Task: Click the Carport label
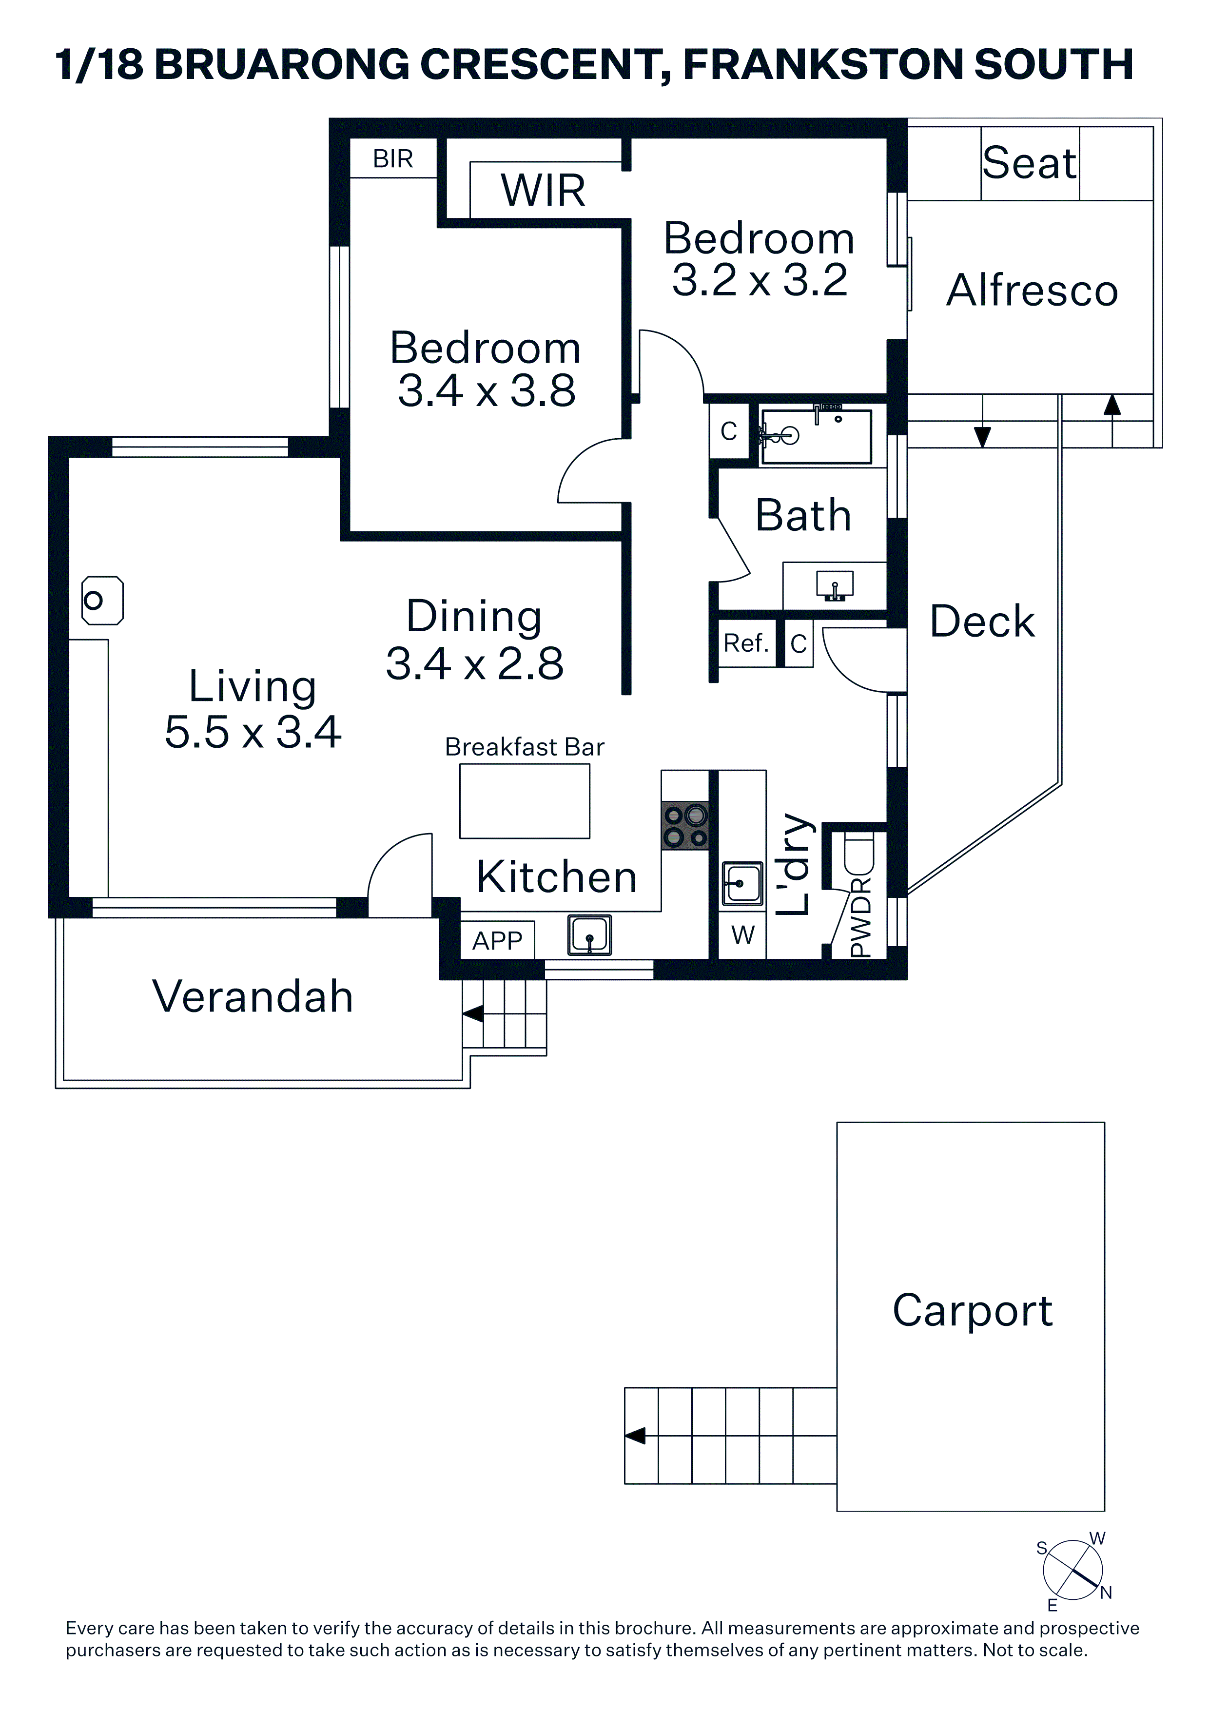[972, 1312]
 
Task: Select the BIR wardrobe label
[392, 158]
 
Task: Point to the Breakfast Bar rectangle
[525, 801]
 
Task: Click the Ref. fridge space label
[746, 643]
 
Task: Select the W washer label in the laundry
[742, 934]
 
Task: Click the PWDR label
[860, 917]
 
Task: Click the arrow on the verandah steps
[473, 1013]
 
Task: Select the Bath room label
[803, 515]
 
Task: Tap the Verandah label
[253, 996]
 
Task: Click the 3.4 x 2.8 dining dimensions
[474, 663]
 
